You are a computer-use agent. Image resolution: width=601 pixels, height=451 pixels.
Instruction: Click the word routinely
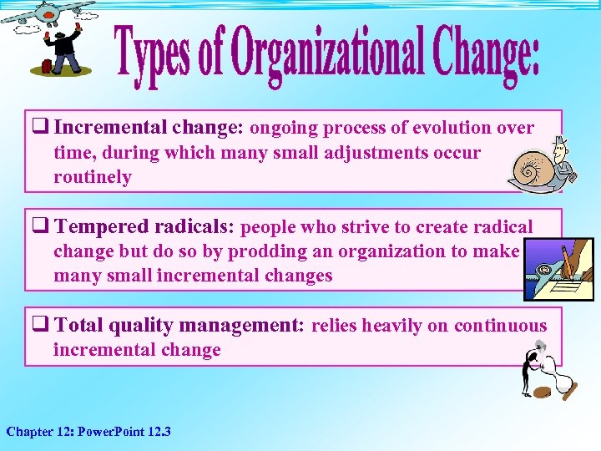click(93, 177)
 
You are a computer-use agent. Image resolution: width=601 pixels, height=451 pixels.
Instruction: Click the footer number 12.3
click(156, 432)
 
